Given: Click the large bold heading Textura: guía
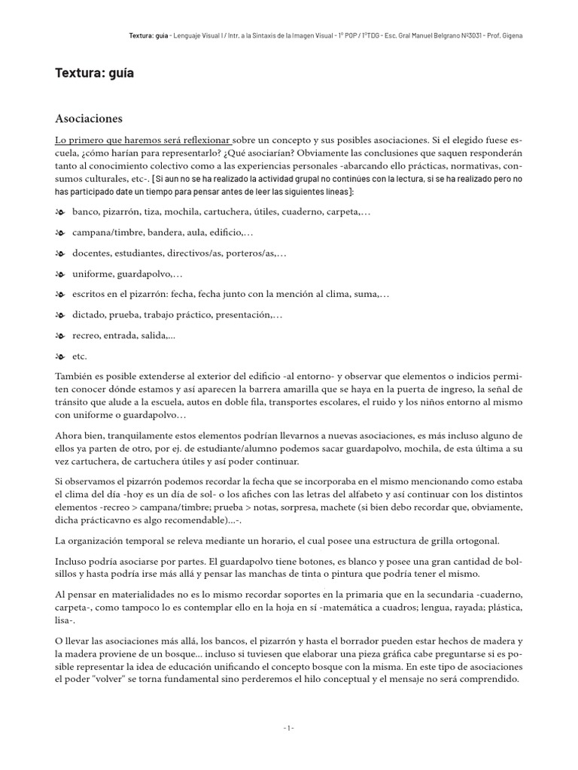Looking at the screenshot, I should coord(94,73).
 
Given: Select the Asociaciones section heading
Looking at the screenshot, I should coord(89,119).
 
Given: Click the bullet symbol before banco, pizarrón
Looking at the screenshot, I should coord(60,213).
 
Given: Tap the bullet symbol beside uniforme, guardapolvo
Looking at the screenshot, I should coord(60,274).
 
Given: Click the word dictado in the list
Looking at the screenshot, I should coord(89,316).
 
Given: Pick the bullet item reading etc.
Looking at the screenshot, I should coord(79,356).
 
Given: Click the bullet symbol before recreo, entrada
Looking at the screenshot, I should coord(60,336).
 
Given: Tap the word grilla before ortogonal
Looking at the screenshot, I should coord(446,541).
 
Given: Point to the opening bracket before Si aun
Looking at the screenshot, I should coord(154,180).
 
